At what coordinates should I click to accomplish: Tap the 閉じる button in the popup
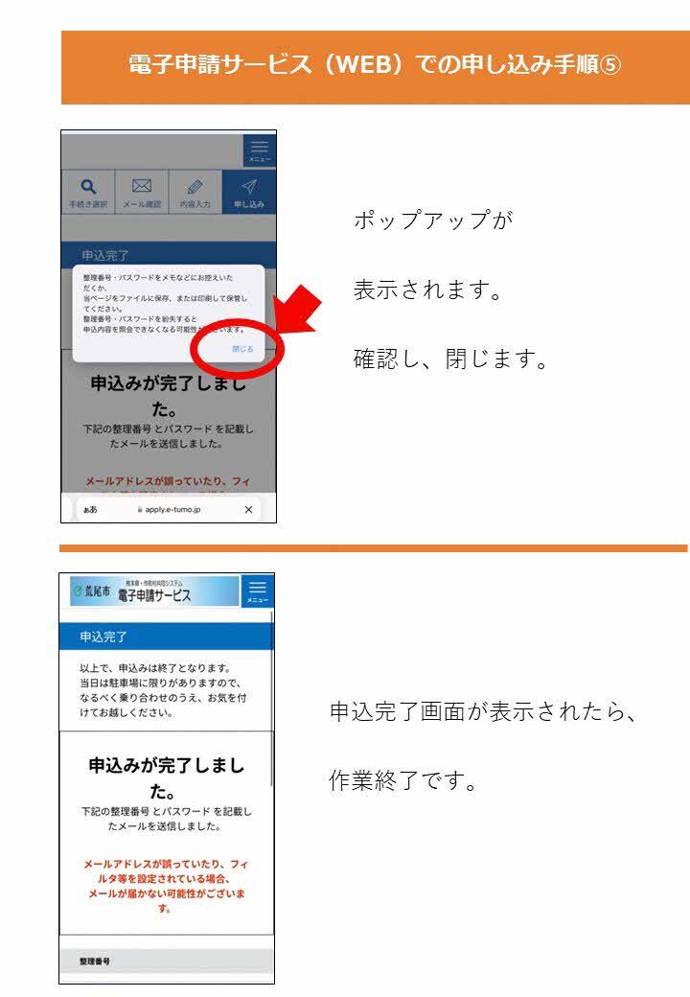[242, 349]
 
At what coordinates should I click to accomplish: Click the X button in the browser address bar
[249, 510]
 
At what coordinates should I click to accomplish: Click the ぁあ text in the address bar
[90, 510]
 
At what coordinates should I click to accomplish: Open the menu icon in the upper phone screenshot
[259, 150]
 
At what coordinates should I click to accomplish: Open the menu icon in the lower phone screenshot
[257, 591]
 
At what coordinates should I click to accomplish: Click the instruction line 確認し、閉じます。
[450, 361]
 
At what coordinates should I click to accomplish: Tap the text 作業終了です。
[402, 780]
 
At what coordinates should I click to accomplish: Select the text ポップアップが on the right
[433, 220]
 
